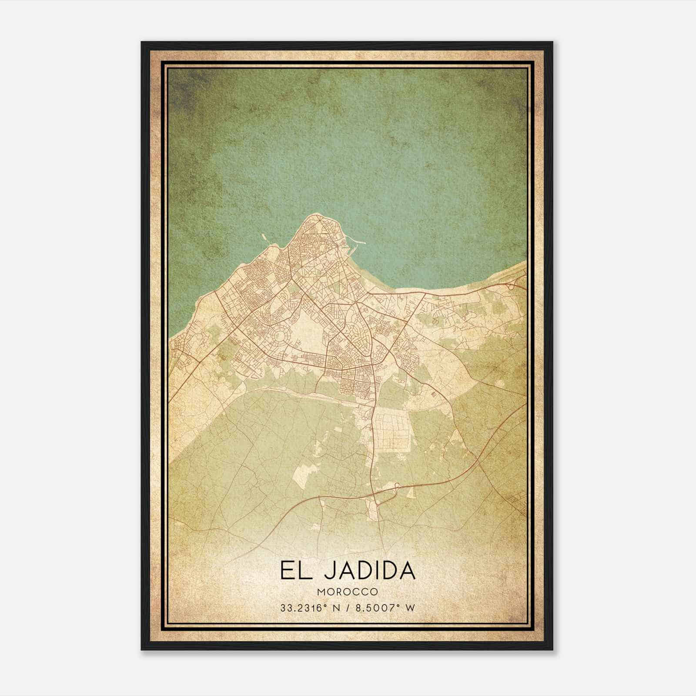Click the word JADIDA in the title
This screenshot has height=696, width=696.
pos(370,571)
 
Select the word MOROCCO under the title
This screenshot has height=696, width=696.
pos(347,592)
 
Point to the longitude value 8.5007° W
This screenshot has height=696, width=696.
pos(384,608)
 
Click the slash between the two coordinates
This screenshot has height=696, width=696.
pos(348,608)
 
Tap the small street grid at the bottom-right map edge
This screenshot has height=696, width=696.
pos(518,500)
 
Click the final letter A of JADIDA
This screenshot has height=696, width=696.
pos(407,571)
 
